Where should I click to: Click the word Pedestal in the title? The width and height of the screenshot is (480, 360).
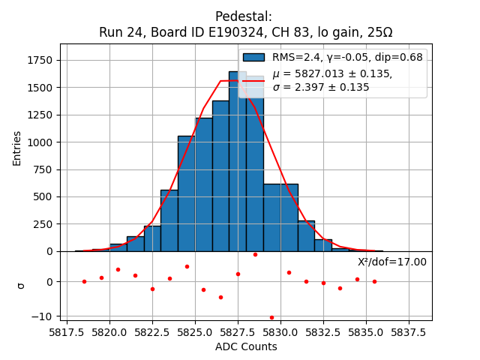point(244,16)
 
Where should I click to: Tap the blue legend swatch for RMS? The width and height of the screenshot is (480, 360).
point(253,57)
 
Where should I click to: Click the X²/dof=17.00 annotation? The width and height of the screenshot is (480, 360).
point(391,262)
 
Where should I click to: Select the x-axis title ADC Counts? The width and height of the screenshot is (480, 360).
point(246,346)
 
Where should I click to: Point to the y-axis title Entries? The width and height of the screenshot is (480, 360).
point(17,148)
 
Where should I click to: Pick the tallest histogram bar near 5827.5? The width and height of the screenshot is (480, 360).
point(238,161)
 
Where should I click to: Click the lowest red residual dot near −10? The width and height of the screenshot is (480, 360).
point(271,317)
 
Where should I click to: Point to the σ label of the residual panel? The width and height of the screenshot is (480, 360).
point(21,285)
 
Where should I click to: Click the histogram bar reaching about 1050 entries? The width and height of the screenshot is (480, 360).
point(186,193)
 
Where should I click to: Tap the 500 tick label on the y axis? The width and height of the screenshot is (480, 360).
point(42,196)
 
